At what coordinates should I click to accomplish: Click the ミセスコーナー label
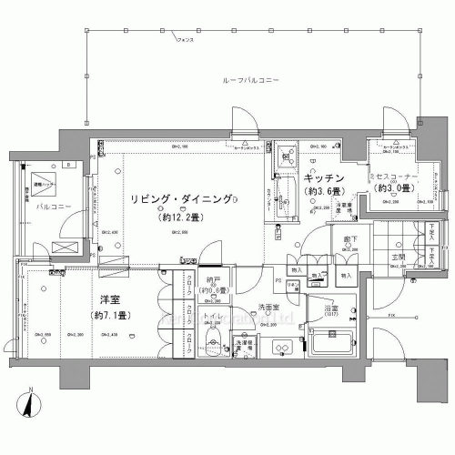tap(392, 175)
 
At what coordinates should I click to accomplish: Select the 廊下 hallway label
tap(350, 238)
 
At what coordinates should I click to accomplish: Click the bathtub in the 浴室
tap(335, 344)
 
